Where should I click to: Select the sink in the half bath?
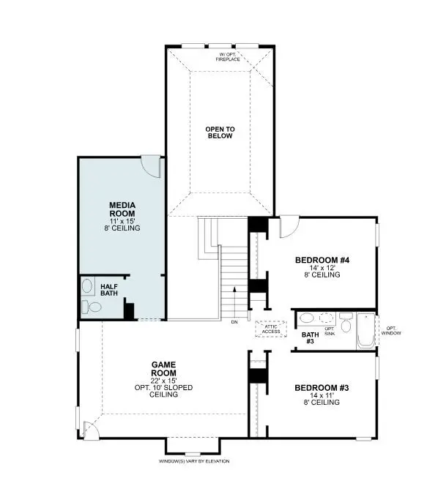tap(87, 286)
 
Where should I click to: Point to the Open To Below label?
tap(219, 132)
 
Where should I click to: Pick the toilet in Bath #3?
tap(346, 320)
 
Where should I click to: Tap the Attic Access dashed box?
tap(271, 329)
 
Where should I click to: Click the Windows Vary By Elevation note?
tap(194, 461)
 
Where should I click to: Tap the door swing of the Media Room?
tap(150, 165)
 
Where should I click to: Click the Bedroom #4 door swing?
tap(288, 226)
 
